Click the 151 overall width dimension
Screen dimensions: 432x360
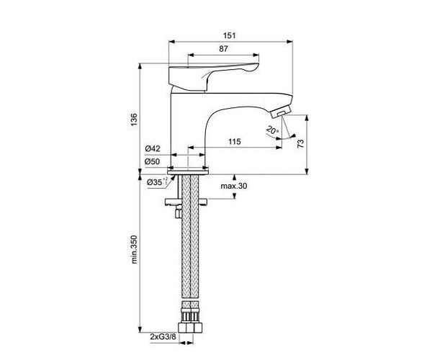click(229, 35)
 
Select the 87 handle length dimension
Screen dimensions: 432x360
click(223, 49)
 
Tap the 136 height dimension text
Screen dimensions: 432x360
click(134, 120)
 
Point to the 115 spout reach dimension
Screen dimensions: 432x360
click(235, 142)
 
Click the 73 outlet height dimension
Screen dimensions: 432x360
click(300, 143)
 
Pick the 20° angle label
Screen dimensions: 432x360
click(272, 130)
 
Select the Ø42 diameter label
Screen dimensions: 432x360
click(153, 149)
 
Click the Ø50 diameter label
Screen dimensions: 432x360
click(153, 161)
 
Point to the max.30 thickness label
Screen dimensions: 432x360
click(234, 186)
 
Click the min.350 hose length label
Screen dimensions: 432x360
click(134, 249)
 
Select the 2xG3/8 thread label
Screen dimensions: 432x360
click(163, 336)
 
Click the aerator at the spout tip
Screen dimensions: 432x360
click(281, 112)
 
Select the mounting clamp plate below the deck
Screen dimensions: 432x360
click(186, 202)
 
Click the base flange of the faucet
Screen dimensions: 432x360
click(188, 172)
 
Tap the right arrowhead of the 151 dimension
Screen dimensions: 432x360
click(290, 42)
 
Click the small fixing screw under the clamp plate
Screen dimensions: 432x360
click(179, 212)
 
